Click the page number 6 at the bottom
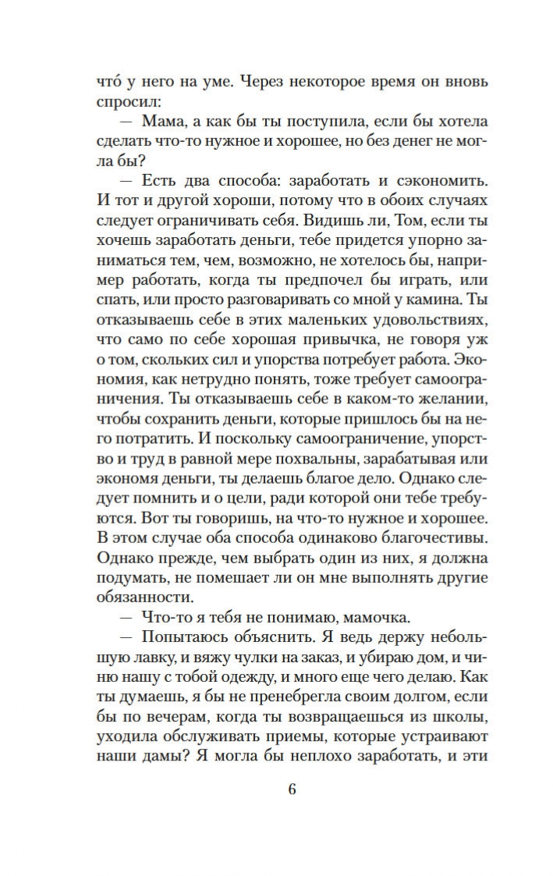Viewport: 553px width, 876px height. (x=292, y=788)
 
